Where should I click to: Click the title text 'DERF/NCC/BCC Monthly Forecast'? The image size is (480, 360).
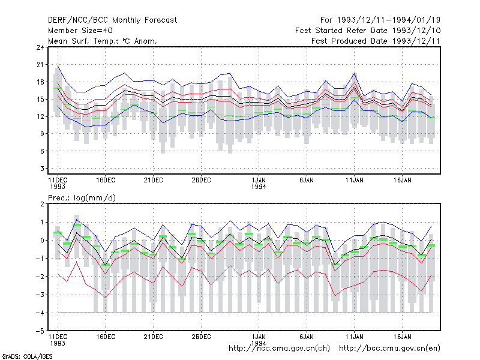112,20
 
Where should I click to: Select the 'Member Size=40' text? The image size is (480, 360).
80,31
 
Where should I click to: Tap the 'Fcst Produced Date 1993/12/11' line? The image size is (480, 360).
376,41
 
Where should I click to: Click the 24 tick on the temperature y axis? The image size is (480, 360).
40,47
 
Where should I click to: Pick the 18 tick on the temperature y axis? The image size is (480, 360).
40,82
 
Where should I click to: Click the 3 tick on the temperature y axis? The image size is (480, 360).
42,169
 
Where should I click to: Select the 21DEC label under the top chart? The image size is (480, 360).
153,180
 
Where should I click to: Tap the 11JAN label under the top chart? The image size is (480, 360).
354,180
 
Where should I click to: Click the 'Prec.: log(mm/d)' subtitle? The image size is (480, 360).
82,198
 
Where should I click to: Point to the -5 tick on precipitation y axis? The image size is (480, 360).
40,331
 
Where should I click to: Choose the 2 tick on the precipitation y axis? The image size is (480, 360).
42,204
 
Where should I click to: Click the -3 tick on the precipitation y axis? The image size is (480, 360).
40,295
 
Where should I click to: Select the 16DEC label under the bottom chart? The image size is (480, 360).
106,337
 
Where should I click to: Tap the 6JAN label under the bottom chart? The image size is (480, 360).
307,337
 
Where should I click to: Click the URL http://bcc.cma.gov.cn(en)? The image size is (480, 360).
389,349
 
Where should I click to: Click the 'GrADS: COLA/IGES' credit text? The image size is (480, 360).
27,356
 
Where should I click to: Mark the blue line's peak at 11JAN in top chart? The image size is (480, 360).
354,73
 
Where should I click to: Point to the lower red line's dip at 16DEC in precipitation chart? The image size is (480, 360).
105,297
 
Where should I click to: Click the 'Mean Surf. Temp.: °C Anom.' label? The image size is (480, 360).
103,41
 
